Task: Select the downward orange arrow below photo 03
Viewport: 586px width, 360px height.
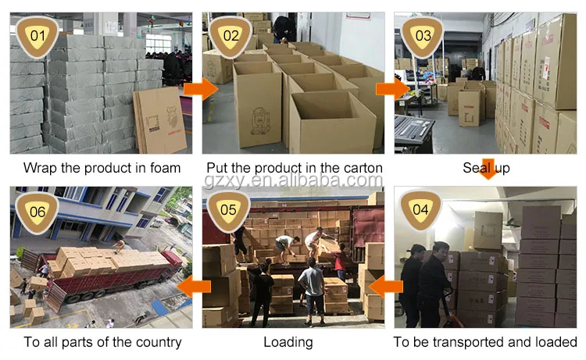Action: [488, 168]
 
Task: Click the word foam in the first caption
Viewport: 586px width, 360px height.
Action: [165, 167]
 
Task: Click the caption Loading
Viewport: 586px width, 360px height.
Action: [288, 342]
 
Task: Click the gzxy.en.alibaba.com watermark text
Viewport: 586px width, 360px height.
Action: [292, 181]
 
